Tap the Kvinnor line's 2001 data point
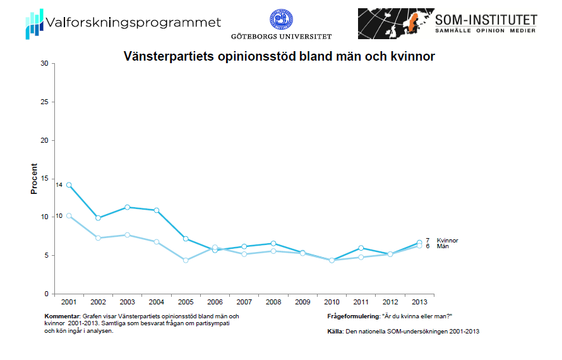pos(69,185)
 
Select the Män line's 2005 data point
pos(186,260)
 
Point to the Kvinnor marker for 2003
pos(128,207)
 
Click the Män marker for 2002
pos(98,237)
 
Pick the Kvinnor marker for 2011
pos(361,248)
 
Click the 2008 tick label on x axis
pos(273,301)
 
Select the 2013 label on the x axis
pos(419,301)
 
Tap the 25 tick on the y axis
pos(44,102)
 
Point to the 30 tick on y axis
pos(44,63)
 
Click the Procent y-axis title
pos(34,179)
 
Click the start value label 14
pos(59,185)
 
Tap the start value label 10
pos(59,216)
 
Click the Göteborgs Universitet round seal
pos(281,20)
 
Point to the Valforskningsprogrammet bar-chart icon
pos(34,24)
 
